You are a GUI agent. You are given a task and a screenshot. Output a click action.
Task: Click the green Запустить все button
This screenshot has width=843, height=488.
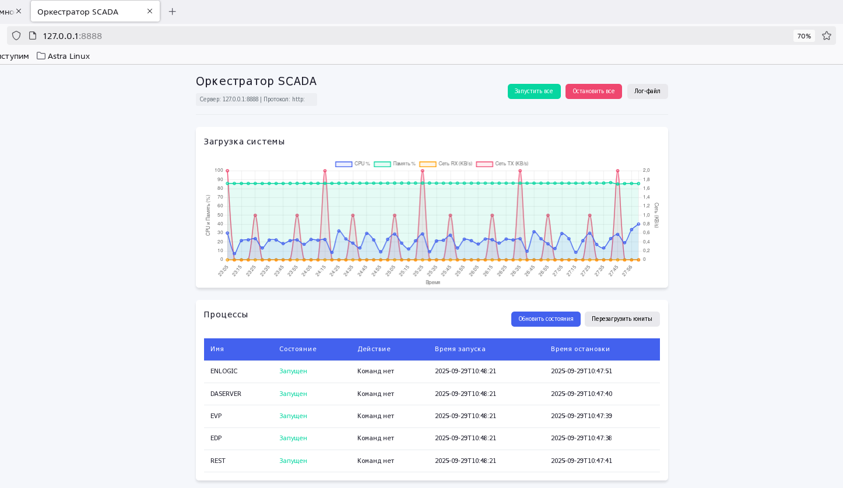click(x=533, y=91)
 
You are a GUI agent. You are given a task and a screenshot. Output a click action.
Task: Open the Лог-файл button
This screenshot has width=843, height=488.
click(x=647, y=91)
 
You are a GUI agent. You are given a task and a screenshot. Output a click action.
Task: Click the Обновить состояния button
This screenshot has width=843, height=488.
click(x=546, y=319)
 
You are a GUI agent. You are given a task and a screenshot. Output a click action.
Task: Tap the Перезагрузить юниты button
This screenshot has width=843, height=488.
click(x=621, y=319)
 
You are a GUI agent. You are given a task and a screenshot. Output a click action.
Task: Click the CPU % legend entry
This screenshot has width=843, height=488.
click(x=353, y=164)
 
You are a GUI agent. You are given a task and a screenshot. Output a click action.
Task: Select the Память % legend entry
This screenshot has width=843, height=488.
click(x=395, y=164)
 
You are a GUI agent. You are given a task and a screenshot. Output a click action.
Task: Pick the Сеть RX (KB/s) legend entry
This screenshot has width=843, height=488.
click(x=446, y=164)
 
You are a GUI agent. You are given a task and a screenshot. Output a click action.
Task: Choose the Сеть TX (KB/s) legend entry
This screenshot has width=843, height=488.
click(x=503, y=164)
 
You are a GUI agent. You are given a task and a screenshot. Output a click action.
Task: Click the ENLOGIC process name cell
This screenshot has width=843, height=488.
click(x=224, y=372)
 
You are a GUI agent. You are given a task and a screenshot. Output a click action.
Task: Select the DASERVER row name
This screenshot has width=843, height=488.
click(x=226, y=394)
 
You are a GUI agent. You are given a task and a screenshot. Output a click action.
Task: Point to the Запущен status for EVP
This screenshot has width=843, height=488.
click(x=293, y=416)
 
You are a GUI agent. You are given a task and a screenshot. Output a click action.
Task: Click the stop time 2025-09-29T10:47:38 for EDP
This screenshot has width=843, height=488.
click(x=581, y=439)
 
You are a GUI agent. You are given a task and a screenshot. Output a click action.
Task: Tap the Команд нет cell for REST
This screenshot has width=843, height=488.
click(x=375, y=461)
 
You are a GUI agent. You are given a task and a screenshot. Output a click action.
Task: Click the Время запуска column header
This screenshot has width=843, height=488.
click(x=460, y=349)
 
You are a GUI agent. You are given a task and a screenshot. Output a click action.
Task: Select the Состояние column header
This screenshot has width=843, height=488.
click(x=297, y=349)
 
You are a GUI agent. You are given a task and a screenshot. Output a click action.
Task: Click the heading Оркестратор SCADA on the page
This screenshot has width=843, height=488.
click(x=256, y=82)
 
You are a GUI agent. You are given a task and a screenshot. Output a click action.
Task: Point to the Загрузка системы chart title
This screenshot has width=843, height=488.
click(x=244, y=142)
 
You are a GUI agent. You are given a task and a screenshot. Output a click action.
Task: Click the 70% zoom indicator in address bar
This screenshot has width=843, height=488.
click(x=804, y=36)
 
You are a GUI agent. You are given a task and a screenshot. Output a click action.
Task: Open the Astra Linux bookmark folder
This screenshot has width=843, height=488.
click(x=63, y=56)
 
